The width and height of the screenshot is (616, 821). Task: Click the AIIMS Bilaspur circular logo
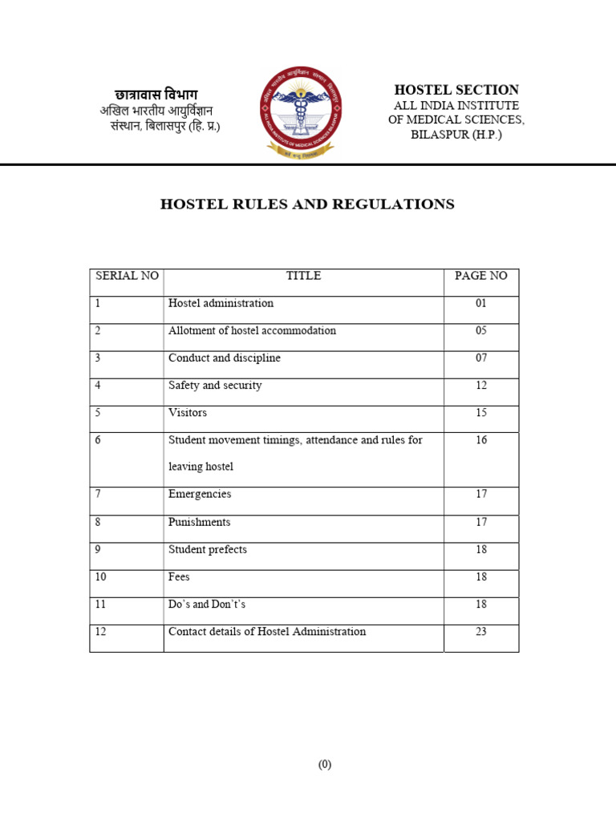302,112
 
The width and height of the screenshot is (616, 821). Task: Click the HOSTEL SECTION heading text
456,90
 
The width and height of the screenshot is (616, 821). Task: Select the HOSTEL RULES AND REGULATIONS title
307,204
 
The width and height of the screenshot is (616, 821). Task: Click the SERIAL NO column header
127,276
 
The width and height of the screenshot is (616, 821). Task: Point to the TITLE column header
303,276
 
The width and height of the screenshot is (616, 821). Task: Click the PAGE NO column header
481,276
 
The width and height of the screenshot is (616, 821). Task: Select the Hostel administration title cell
221,304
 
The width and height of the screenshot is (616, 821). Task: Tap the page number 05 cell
481,331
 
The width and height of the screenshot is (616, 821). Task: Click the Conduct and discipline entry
225,358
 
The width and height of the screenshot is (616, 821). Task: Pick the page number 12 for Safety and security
481,386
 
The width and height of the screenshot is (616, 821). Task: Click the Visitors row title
188,413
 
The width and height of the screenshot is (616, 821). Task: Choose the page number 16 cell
481,440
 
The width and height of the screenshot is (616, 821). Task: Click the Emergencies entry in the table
200,495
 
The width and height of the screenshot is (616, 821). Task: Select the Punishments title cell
199,522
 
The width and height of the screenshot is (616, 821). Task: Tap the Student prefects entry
208,550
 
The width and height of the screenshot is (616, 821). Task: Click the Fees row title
179,577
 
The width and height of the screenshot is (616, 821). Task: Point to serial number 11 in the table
100,605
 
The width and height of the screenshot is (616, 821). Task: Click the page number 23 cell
481,632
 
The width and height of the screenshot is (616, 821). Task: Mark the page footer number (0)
324,765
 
